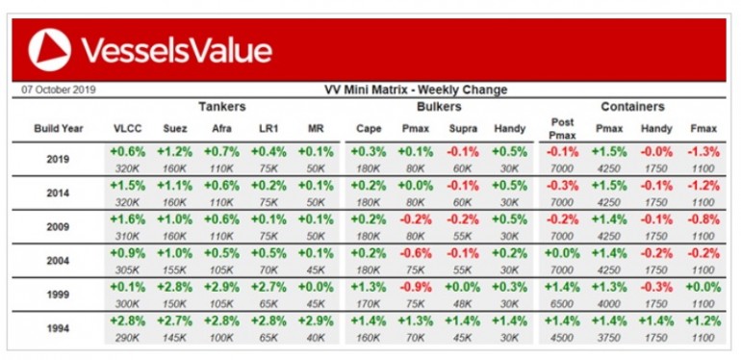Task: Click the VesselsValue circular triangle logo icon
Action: (x=50, y=50)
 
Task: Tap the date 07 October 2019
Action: (x=59, y=90)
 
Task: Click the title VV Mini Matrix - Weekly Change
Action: (x=416, y=90)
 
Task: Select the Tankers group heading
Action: (x=222, y=107)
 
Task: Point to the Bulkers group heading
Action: (x=439, y=107)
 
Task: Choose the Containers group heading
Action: (x=633, y=107)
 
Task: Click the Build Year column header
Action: (x=59, y=129)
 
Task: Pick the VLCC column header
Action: (x=128, y=129)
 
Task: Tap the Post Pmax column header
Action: (x=562, y=129)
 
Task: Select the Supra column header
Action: (x=463, y=129)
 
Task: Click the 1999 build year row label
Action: (x=58, y=295)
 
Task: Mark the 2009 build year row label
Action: (x=58, y=227)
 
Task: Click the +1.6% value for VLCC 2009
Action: (x=128, y=219)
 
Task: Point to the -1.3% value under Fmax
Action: (x=703, y=152)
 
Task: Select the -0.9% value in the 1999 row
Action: (x=416, y=287)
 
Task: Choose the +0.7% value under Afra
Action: (x=221, y=152)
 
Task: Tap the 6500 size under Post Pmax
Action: (x=562, y=304)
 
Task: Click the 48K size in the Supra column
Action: (x=463, y=304)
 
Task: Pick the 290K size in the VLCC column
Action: (x=128, y=338)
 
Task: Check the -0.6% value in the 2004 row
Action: (x=416, y=254)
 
